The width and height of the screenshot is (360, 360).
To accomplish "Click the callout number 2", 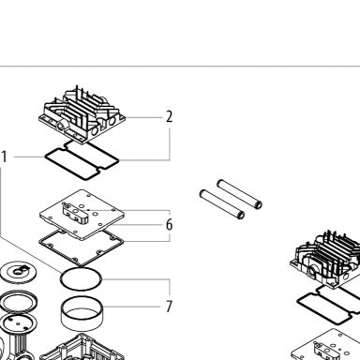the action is pos(169,116).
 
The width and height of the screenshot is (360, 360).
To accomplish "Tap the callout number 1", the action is pos(4,157).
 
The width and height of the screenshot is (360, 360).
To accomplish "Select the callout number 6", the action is pos(169,225).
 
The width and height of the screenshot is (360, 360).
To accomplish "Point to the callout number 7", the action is pos(169,307).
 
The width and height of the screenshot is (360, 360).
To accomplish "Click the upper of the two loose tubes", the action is pos(240,194).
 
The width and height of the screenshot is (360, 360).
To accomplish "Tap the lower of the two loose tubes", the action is pos(222,204).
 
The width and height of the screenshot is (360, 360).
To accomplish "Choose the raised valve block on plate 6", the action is pos(76,213).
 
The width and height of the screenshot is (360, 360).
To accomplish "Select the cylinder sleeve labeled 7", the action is pos(82,315).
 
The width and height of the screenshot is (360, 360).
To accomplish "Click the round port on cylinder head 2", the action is pos(60,127).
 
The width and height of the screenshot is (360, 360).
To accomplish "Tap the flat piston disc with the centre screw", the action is pos(18,271).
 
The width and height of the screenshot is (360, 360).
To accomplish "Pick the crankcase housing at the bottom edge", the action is pos(82,348).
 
